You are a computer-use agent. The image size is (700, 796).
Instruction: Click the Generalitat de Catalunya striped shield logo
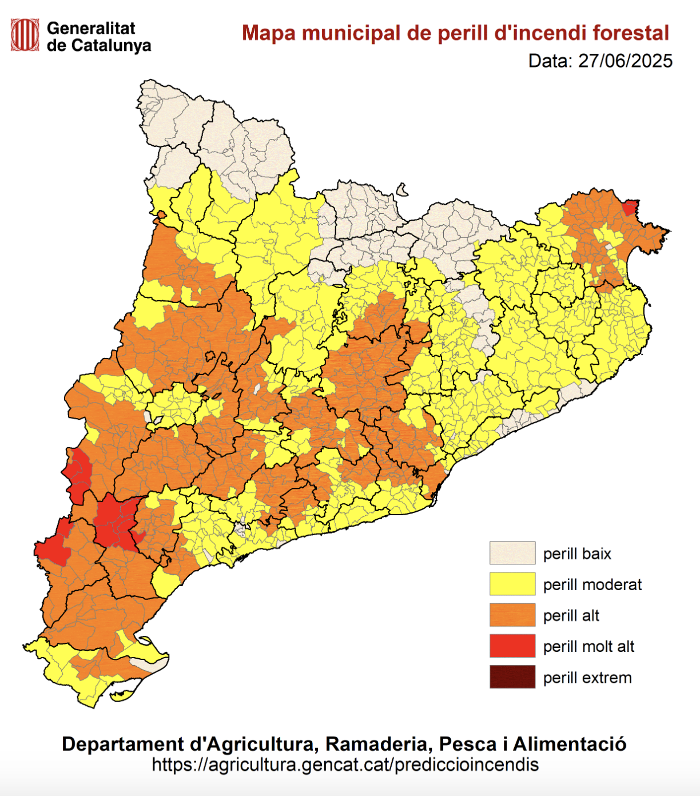click(x=25, y=35)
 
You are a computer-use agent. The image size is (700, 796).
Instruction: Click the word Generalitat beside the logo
click(x=91, y=28)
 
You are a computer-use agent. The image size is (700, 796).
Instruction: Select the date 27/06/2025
click(x=625, y=61)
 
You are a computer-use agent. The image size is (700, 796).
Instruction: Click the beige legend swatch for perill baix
click(x=512, y=553)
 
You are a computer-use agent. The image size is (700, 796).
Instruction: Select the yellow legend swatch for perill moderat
click(x=512, y=584)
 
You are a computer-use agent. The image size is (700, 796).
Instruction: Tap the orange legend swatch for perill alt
click(x=512, y=615)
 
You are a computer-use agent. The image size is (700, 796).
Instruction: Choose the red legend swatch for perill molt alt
click(x=512, y=646)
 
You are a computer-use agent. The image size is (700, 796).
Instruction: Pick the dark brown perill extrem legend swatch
click(x=512, y=677)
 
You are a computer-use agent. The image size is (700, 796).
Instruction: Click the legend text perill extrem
click(x=587, y=678)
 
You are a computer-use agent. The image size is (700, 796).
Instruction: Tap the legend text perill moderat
click(x=592, y=584)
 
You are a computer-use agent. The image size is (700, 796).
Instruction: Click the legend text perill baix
click(x=577, y=554)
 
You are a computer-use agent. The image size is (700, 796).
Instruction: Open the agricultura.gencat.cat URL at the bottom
click(x=345, y=765)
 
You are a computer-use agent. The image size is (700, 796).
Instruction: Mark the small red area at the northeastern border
click(x=630, y=208)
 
